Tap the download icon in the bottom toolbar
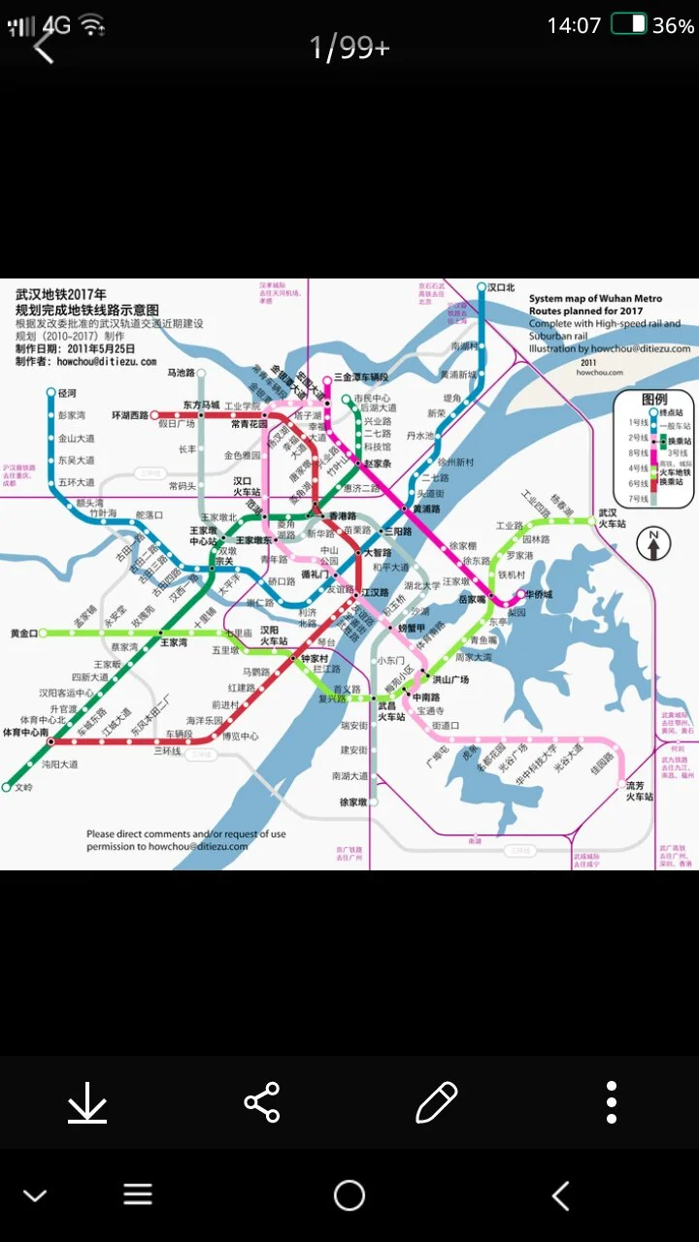[87, 1102]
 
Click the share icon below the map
[261, 1102]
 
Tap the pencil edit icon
[436, 1102]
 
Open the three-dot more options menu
[611, 1102]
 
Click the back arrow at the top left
[44, 47]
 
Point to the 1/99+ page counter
[349, 47]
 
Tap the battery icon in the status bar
[629, 25]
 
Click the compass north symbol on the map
[653, 544]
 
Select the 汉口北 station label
[501, 287]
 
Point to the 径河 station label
[67, 393]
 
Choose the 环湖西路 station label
[130, 415]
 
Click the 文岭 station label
[23, 787]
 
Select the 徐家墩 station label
[352, 802]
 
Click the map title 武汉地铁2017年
[60, 293]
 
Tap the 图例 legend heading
[653, 399]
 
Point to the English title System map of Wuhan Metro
[595, 298]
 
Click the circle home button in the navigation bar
[349, 1195]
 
